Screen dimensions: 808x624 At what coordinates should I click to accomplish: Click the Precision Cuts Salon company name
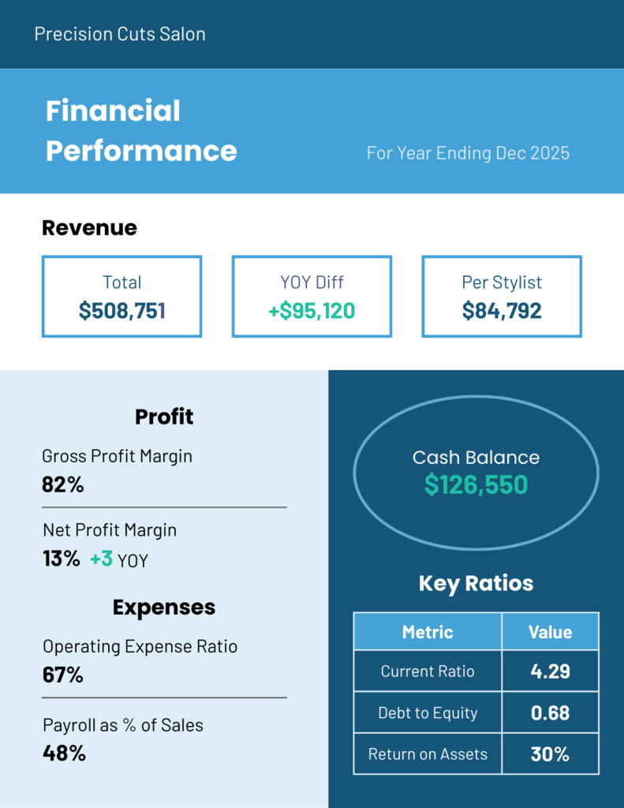click(x=120, y=34)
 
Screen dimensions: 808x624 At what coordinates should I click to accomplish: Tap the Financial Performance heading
click(x=140, y=131)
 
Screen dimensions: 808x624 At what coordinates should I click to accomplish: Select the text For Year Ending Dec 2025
click(x=468, y=153)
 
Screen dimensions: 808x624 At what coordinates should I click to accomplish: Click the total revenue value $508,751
click(x=121, y=310)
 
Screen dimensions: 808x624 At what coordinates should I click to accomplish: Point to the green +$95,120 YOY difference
click(x=311, y=310)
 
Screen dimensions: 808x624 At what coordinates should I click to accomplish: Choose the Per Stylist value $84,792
click(x=502, y=310)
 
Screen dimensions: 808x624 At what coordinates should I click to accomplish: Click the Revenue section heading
click(x=89, y=228)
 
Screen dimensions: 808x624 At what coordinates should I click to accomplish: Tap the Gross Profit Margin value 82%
click(x=62, y=484)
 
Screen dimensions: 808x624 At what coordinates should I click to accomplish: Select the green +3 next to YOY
click(x=101, y=559)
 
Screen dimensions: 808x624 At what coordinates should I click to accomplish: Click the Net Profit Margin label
click(x=109, y=530)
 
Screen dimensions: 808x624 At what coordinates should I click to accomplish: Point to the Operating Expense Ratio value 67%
click(x=62, y=675)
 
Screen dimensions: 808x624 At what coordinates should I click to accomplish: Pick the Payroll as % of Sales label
click(x=122, y=725)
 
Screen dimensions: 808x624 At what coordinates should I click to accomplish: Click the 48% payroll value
click(x=63, y=753)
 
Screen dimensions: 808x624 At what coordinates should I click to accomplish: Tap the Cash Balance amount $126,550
click(x=476, y=484)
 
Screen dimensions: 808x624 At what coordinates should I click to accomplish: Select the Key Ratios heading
click(x=476, y=583)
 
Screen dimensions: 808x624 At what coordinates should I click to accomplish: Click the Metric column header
click(x=428, y=632)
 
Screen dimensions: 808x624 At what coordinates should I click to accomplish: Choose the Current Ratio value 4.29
click(x=550, y=671)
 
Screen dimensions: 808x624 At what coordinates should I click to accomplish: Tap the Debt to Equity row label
click(x=428, y=713)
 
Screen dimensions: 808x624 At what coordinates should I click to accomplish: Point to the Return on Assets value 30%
click(x=550, y=754)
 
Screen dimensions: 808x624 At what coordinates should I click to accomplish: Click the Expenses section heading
click(x=164, y=607)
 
